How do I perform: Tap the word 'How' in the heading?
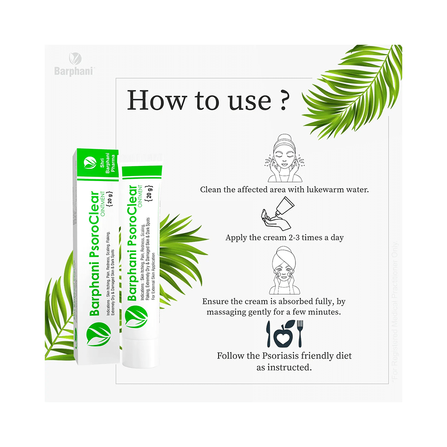coord(155,101)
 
